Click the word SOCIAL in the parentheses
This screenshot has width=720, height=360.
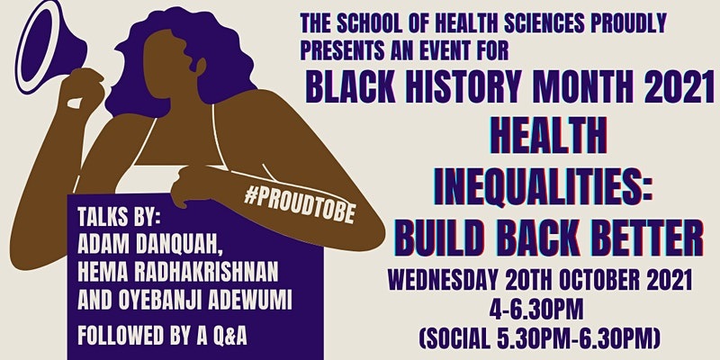pyautogui.click(x=467, y=338)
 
